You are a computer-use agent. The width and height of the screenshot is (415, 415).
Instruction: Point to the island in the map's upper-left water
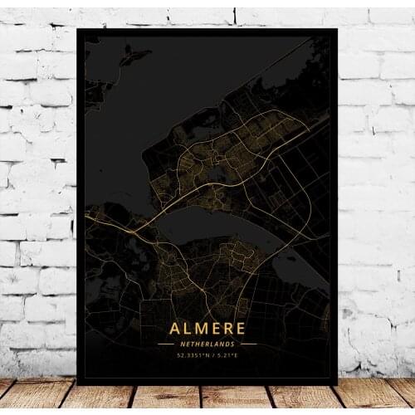coord(133,56)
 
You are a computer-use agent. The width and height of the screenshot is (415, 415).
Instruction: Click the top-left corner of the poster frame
coord(77,29)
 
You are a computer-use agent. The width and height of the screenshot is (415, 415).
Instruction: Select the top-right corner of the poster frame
coord(338,29)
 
